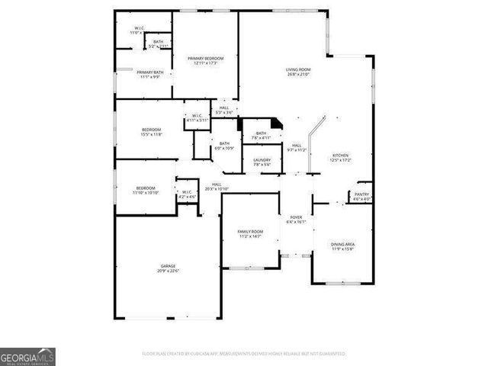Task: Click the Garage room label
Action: tap(167, 265)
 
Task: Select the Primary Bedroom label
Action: tap(206, 58)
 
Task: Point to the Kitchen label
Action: tap(339, 155)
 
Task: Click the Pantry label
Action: tap(361, 194)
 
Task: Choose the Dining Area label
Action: tap(342, 244)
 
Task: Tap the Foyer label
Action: tap(295, 217)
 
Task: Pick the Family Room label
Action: tap(251, 232)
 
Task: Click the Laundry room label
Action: tap(262, 159)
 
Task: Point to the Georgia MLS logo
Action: tap(27, 357)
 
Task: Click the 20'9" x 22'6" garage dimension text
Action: tap(167, 271)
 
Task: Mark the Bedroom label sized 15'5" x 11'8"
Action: tap(151, 130)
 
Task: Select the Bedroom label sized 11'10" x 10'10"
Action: tap(146, 188)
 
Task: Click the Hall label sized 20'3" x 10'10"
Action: tap(217, 184)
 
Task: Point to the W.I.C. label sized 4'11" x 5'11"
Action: tap(197, 116)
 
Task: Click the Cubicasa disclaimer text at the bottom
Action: tap(244, 354)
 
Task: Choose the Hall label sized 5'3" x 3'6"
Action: tap(224, 108)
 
